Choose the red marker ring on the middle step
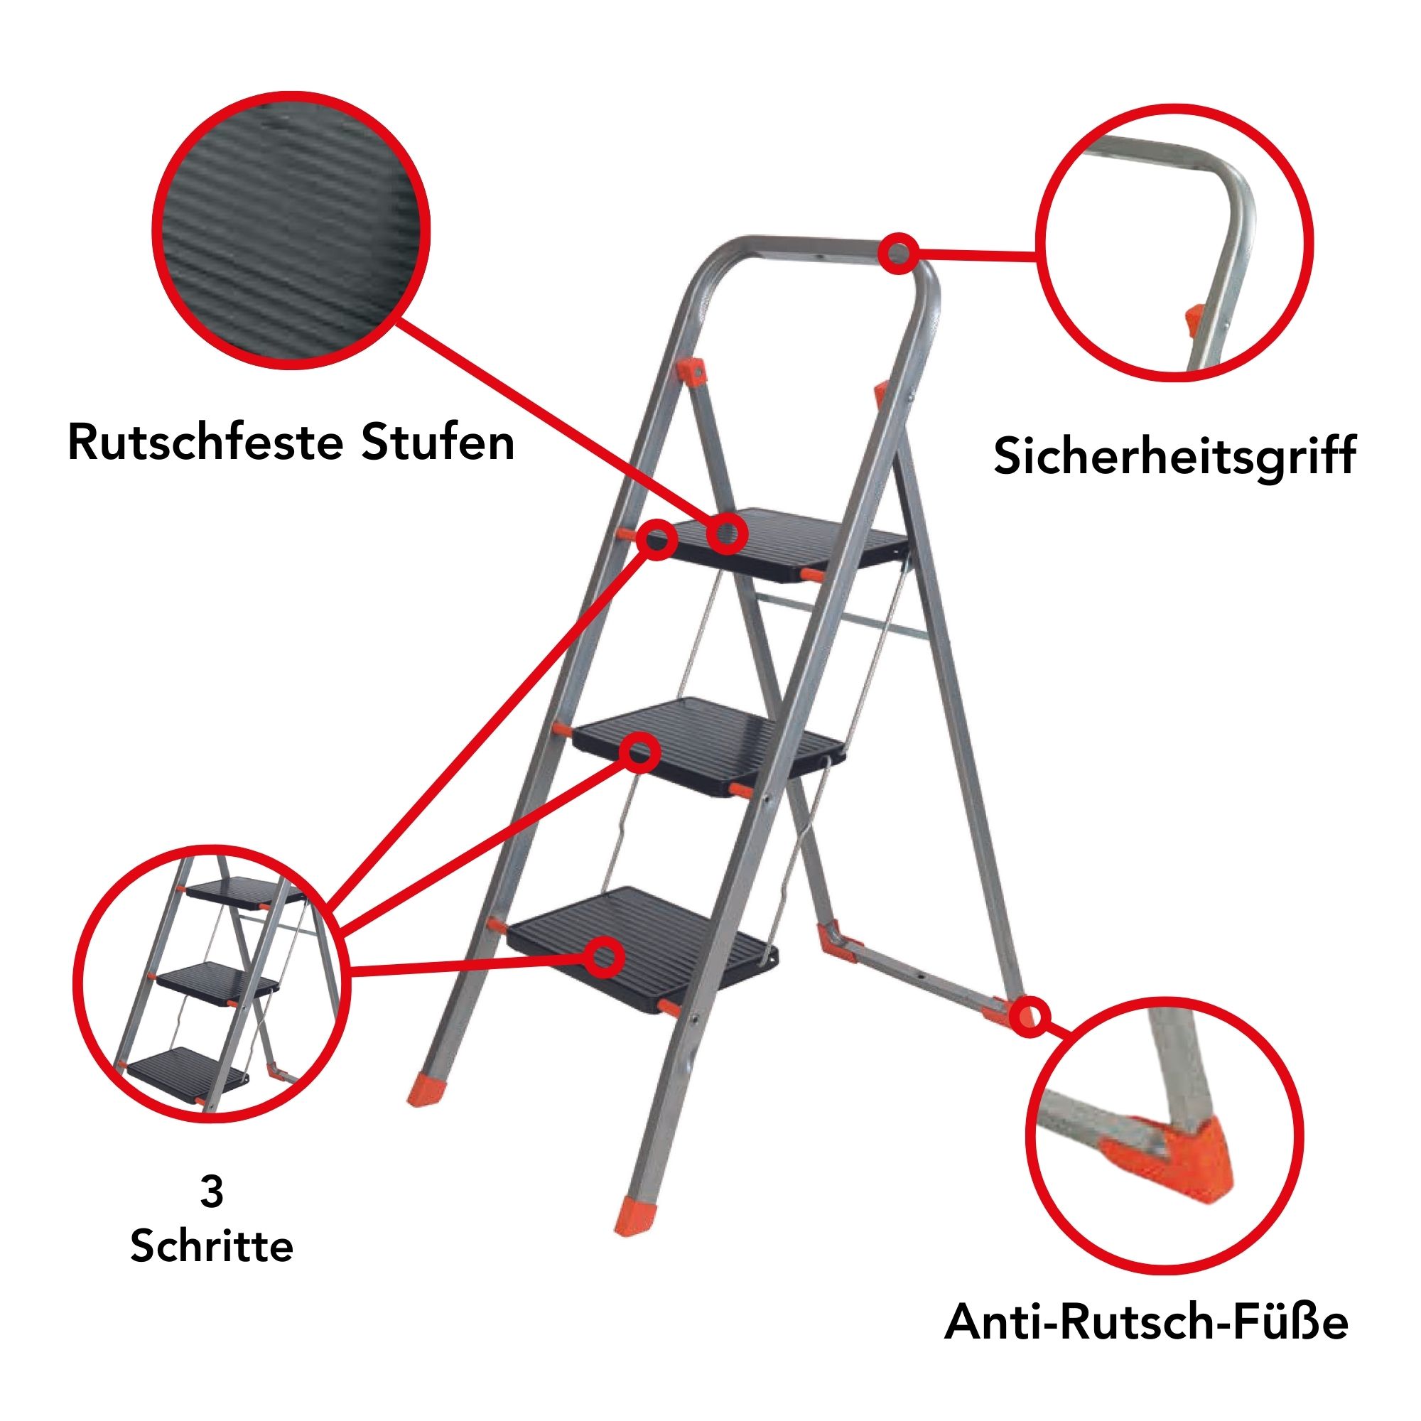[x=639, y=752]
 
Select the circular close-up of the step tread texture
[x=291, y=229]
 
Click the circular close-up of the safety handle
[x=1174, y=243]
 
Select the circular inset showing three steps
[x=212, y=984]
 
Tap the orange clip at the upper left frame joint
[x=692, y=370]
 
